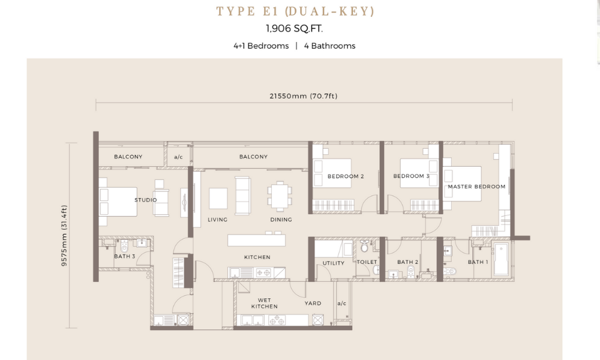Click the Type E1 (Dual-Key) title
coord(295,11)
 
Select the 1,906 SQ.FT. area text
coord(294,29)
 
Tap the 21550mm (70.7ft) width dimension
coord(304,96)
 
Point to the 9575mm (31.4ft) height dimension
coord(64,235)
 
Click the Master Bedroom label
coord(476,187)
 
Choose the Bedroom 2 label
coord(346,176)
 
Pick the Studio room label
coord(145,200)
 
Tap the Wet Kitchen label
coord(265,304)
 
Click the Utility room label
coord(333,263)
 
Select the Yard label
coord(313,304)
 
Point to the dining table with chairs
coord(280,196)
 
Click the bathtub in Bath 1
coord(501,259)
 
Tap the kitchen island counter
coord(256,240)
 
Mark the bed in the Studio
coord(118,202)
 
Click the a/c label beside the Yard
coord(342,304)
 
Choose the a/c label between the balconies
coord(178,157)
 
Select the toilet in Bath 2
coord(411,272)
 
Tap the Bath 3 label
coord(124,256)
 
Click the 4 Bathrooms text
coord(329,46)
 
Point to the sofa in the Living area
coord(242,196)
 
